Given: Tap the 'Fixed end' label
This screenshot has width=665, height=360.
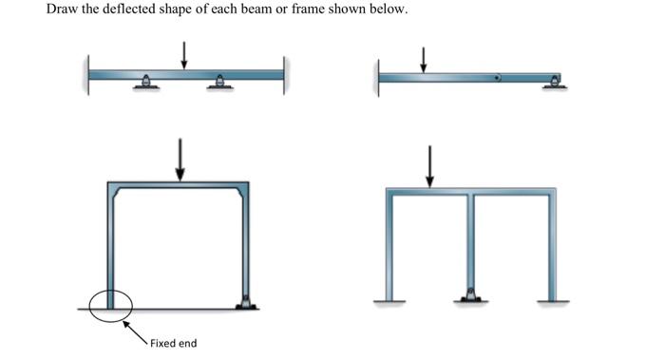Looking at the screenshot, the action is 173,343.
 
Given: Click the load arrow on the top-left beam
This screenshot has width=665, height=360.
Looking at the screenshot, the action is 184,55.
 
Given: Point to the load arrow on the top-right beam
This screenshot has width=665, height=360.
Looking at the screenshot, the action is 424,59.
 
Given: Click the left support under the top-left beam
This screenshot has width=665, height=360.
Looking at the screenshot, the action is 144,85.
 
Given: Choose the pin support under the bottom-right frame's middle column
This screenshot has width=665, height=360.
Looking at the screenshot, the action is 470,295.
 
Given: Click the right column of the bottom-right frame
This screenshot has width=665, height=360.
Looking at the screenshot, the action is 550,247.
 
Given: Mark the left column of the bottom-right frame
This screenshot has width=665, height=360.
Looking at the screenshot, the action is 390,247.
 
